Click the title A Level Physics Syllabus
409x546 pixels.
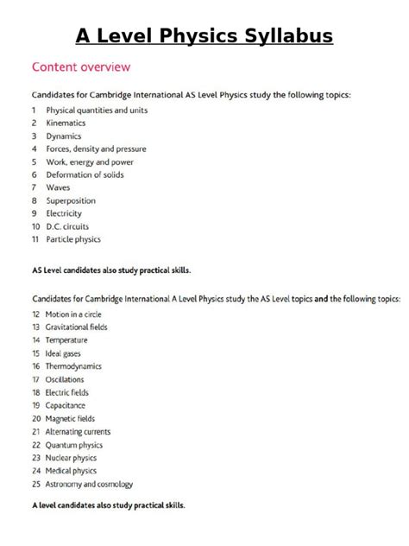coord(204,36)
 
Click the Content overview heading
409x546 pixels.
coord(82,66)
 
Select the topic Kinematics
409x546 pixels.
coord(66,124)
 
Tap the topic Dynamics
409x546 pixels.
coord(64,136)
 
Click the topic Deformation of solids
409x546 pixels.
coord(85,175)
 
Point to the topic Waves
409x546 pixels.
coord(59,187)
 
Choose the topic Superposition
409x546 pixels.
coord(71,200)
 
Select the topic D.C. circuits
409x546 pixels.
coord(67,226)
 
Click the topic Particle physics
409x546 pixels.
coord(73,239)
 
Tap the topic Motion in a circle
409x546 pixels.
coord(78,314)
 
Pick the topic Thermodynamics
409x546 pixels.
coord(79,366)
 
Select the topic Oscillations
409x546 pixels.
coord(70,379)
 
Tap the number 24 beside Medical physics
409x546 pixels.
coord(35,471)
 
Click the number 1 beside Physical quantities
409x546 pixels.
coord(34,111)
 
